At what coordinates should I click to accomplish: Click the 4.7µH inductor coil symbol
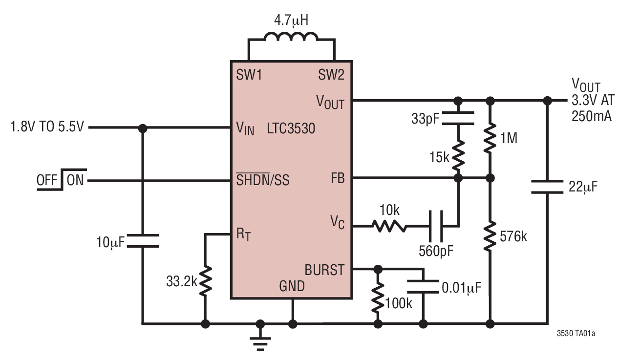291,37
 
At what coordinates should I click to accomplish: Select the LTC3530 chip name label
291,128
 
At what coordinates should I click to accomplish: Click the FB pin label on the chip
338,179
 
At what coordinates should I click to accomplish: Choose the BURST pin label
324,270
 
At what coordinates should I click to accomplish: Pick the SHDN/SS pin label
263,181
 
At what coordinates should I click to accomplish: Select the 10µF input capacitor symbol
143,241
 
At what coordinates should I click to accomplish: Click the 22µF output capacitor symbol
547,186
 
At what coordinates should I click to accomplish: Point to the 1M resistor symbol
490,139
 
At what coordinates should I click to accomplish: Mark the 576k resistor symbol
490,237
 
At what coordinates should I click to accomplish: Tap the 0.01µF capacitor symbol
423,287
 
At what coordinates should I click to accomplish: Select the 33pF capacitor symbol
458,118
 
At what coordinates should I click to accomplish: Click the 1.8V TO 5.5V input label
47,127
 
